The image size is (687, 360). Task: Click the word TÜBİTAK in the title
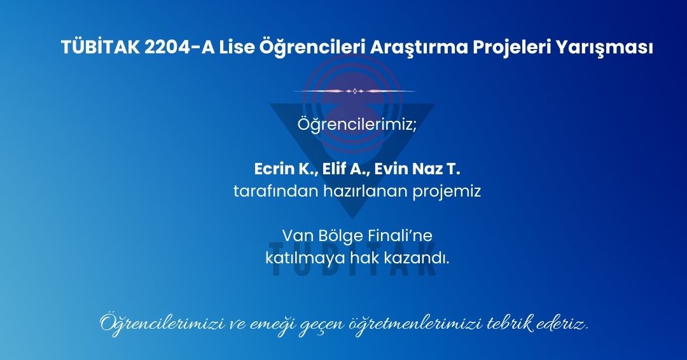pos(101,47)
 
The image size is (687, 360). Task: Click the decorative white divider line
pos(355,91)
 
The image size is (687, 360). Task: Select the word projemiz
pos(447,192)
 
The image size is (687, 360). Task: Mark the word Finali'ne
pos(400,235)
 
